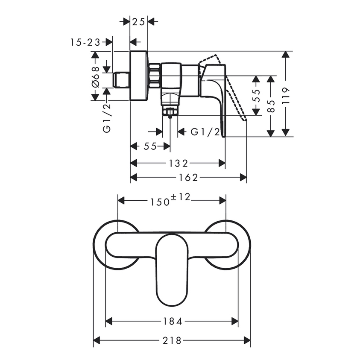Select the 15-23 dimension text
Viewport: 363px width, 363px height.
click(85, 42)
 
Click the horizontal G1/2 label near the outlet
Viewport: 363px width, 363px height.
click(205, 132)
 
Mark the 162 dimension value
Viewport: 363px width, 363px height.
click(188, 177)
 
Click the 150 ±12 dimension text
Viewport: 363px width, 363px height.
click(170, 199)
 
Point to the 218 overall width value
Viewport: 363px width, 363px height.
click(172, 340)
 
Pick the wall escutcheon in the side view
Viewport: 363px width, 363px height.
click(138, 76)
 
